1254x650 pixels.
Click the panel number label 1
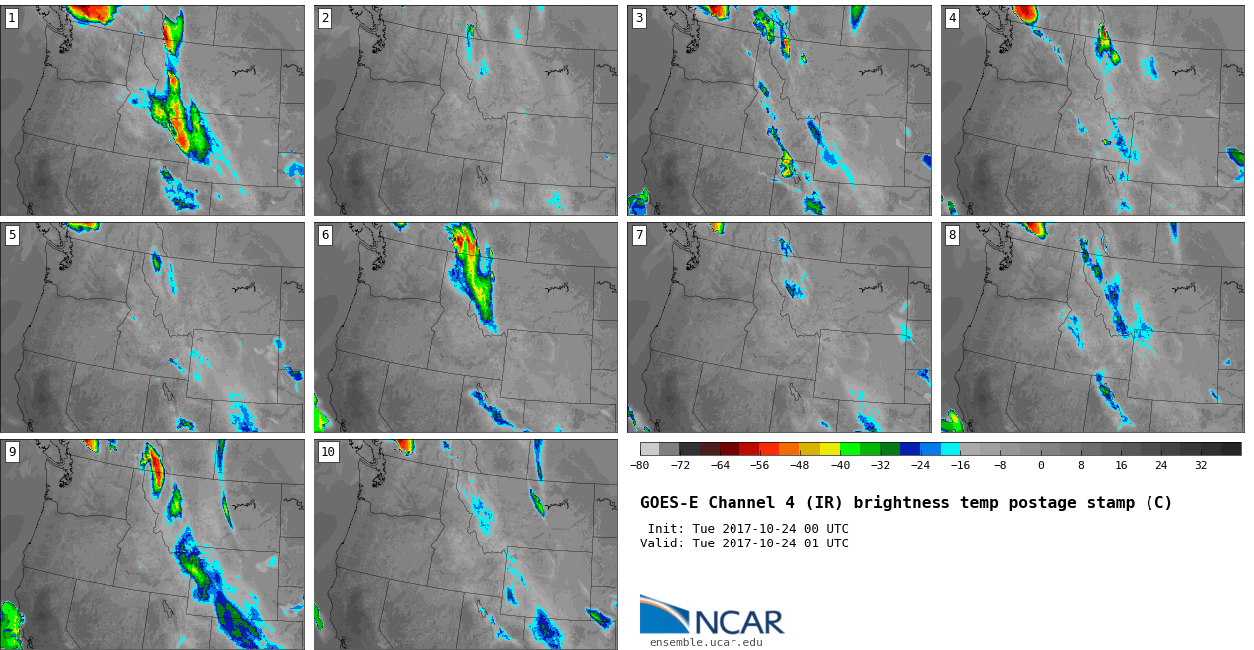(x=12, y=19)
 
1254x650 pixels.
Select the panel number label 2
(x=325, y=19)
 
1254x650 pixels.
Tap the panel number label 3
(x=639, y=19)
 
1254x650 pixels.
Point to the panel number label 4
(x=952, y=19)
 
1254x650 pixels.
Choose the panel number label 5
(x=12, y=235)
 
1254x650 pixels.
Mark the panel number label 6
(x=325, y=235)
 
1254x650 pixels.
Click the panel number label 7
(x=639, y=235)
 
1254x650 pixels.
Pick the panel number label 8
(x=952, y=235)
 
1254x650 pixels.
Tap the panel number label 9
(x=12, y=452)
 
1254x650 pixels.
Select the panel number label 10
(x=328, y=452)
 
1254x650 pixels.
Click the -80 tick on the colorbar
(x=639, y=465)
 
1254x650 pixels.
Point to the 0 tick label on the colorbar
(x=1041, y=465)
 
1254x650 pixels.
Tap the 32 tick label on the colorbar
(x=1201, y=465)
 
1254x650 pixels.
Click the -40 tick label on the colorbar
(x=840, y=465)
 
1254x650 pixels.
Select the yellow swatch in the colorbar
(x=830, y=449)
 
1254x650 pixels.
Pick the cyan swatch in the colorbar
(x=950, y=449)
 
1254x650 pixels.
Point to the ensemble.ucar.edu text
(x=706, y=643)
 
